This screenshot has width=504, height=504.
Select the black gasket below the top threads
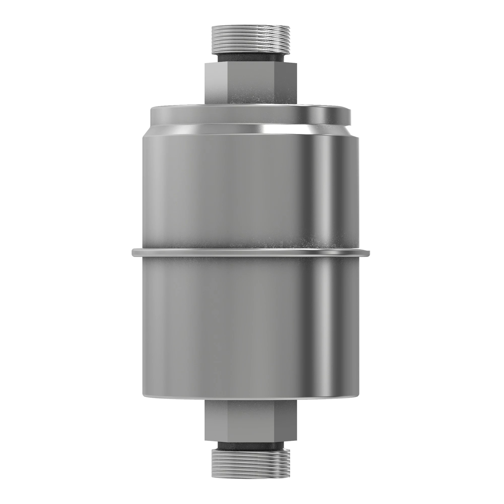250,58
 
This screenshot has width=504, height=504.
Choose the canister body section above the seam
235,191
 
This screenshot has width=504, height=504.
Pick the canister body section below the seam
235,326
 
